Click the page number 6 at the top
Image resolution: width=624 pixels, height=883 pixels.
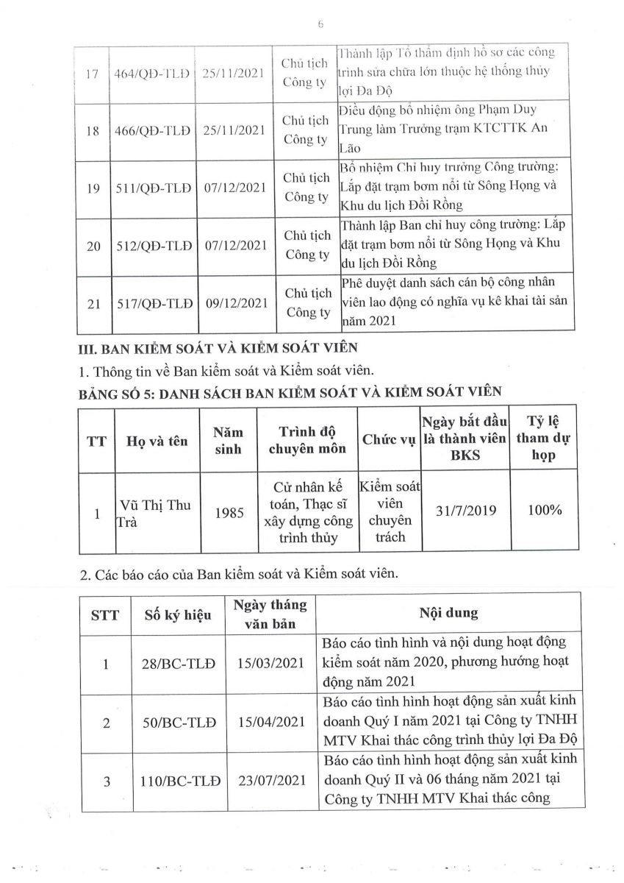320,24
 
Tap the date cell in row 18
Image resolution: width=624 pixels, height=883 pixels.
232,130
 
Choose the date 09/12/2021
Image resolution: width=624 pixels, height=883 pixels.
232,302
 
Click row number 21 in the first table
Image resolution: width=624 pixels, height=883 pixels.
93,302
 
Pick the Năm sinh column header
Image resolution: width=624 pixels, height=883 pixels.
228,441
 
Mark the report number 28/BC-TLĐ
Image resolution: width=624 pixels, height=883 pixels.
178,664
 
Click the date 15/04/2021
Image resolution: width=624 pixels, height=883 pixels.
271,722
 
